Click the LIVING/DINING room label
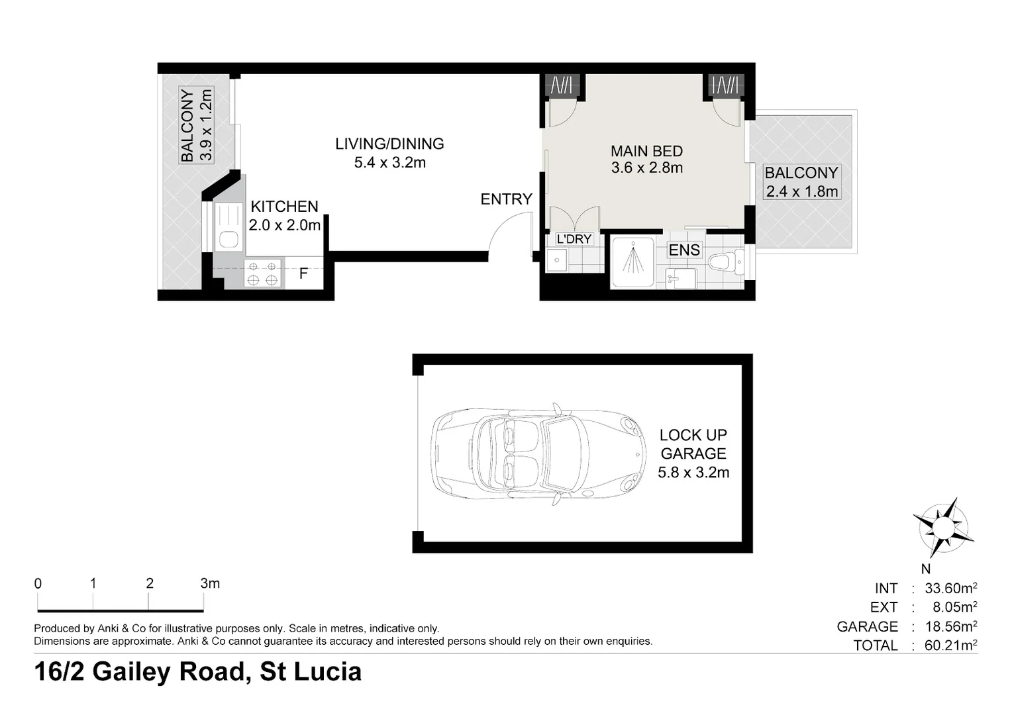click(389, 144)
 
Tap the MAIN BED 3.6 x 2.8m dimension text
click(646, 168)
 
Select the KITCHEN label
click(284, 207)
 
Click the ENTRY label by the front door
click(506, 199)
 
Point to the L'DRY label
click(574, 239)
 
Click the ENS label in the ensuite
click(684, 250)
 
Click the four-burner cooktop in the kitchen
click(262, 273)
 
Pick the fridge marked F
click(303, 273)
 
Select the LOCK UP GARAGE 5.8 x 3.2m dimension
click(693, 473)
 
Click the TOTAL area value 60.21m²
click(950, 645)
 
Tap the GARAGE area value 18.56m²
click(950, 626)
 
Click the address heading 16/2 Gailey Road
click(197, 671)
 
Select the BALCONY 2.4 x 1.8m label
click(801, 182)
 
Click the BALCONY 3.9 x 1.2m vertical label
click(197, 125)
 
